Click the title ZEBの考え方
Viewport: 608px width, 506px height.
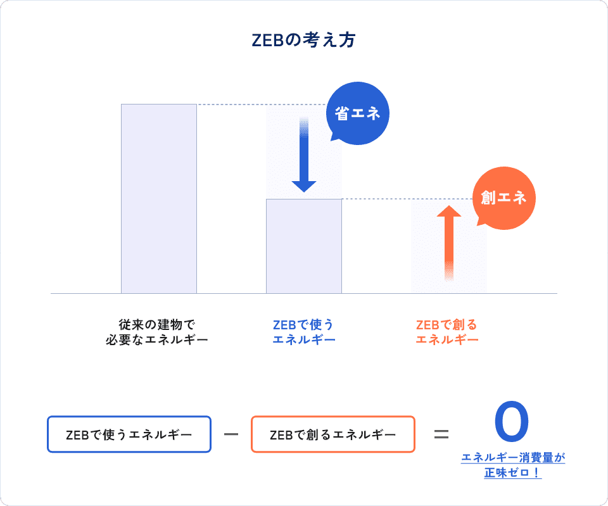(x=303, y=40)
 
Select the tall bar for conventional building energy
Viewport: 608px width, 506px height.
(x=159, y=198)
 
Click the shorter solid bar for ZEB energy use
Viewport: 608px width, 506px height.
(x=304, y=246)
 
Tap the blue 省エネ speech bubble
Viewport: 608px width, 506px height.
(x=357, y=113)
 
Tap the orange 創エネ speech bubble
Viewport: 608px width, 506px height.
(x=503, y=198)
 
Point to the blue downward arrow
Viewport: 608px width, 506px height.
(x=304, y=155)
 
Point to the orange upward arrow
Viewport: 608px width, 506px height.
(x=449, y=243)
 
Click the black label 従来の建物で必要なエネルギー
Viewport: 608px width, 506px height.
(x=157, y=332)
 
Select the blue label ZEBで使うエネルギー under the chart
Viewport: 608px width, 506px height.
(x=304, y=332)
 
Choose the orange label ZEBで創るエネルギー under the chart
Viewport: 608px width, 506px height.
(x=447, y=332)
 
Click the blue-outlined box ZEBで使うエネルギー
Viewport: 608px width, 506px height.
(x=129, y=434)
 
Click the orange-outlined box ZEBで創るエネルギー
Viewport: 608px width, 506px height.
(x=333, y=434)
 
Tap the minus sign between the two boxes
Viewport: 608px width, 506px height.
(x=231, y=434)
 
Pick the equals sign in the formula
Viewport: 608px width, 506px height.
(x=441, y=434)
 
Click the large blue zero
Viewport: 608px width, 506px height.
(x=512, y=422)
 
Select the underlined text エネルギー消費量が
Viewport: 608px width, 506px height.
(x=513, y=458)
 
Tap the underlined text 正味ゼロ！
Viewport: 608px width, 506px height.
(x=512, y=472)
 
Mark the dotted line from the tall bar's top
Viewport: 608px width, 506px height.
(x=262, y=104)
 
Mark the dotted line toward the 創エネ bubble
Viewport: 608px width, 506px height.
(x=408, y=199)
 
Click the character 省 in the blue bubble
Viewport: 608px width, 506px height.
(x=341, y=113)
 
